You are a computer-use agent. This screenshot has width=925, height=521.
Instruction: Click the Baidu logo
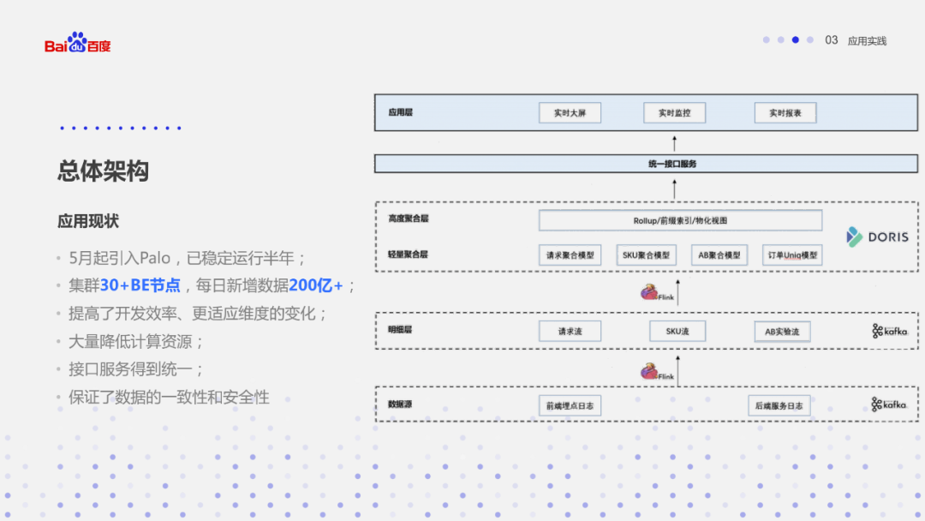tap(78, 43)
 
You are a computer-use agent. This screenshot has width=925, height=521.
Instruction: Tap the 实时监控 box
tap(674, 112)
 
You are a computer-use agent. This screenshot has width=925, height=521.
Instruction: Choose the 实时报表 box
tap(785, 112)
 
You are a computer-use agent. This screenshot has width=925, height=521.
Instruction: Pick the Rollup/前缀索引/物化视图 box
tap(680, 220)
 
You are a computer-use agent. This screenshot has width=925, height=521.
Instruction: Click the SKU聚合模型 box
tap(645, 255)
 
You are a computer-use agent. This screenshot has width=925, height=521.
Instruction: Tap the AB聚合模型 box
tap(719, 255)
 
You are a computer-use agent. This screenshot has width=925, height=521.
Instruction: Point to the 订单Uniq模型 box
tap(792, 255)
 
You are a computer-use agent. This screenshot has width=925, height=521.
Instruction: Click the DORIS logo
tap(877, 237)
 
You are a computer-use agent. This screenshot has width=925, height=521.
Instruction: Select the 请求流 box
tap(570, 331)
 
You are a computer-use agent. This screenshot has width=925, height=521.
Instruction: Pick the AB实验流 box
tap(781, 331)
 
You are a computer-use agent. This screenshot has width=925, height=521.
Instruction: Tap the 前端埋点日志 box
tap(570, 405)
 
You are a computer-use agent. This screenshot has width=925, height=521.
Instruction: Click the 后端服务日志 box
tap(779, 405)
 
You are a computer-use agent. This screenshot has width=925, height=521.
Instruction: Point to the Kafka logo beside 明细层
tap(890, 331)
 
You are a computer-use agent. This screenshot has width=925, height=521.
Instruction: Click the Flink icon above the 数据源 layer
tap(657, 373)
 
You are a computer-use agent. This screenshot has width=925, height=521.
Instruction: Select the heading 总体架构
tap(103, 171)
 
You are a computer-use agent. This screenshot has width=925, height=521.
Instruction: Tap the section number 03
tap(831, 40)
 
